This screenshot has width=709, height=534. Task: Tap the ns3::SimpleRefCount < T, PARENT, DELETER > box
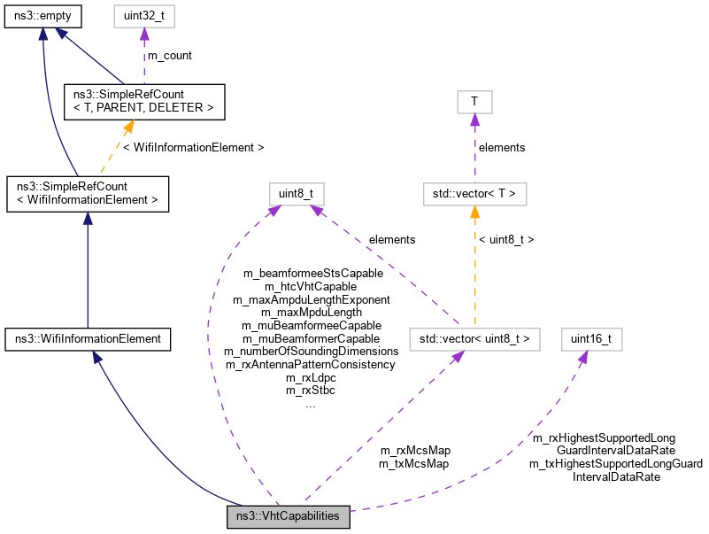143,102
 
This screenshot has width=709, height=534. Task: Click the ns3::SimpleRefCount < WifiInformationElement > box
87,194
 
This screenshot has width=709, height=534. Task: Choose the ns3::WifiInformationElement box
87,339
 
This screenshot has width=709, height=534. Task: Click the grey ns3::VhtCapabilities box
289,516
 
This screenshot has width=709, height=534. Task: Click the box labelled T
474,102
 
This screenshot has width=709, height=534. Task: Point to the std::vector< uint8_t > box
474,339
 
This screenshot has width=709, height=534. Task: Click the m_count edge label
169,55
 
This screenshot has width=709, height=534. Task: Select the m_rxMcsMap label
414,451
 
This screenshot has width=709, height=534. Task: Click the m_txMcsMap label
414,463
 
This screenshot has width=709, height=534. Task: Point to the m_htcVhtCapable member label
311,287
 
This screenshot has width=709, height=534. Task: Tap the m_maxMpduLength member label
311,313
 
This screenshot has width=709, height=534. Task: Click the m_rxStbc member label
311,390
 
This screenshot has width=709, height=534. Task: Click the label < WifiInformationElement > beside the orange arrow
193,146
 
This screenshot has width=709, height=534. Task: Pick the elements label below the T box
502,147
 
